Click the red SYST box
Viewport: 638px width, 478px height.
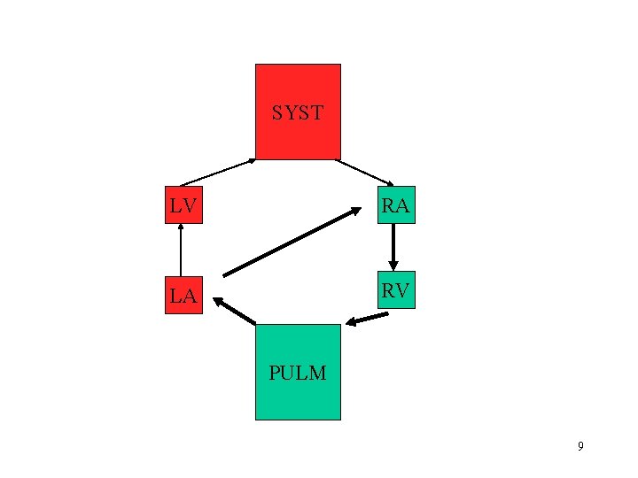coord(298,111)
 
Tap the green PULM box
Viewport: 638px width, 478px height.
coord(298,372)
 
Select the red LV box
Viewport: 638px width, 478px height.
coord(183,205)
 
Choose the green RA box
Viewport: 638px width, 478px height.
coord(395,205)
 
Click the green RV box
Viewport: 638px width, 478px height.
coord(395,291)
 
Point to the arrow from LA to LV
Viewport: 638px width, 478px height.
coord(181,251)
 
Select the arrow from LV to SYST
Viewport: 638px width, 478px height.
coord(217,173)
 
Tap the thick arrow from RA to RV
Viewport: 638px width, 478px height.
coord(393,246)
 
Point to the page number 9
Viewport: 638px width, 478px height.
coord(580,446)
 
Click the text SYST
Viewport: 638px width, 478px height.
coord(298,113)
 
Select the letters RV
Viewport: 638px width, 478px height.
coord(395,291)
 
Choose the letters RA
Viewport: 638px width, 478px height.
coord(395,206)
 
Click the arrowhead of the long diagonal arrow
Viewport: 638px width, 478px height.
coord(356,210)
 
